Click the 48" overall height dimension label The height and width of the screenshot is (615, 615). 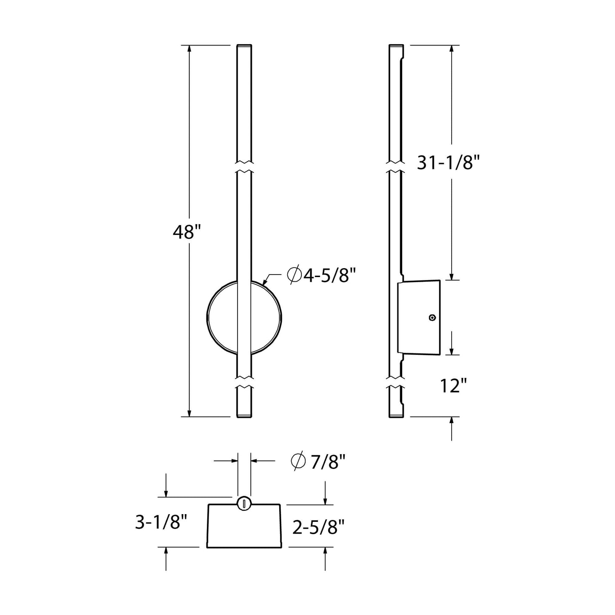[x=186, y=232]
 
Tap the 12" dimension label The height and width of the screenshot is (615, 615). [x=453, y=386]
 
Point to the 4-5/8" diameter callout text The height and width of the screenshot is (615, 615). [x=326, y=275]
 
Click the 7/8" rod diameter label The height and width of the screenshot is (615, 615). [x=327, y=462]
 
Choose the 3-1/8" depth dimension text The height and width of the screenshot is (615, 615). [x=161, y=522]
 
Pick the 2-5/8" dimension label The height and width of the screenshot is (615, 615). [x=318, y=528]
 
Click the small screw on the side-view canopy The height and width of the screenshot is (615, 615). [x=432, y=318]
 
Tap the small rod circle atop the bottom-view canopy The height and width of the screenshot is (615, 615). [x=244, y=503]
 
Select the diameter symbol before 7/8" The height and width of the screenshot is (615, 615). [x=298, y=462]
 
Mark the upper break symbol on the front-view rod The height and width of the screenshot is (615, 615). [x=244, y=167]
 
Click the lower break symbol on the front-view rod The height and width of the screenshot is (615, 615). [x=244, y=382]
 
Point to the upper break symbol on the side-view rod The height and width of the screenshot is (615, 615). [x=396, y=167]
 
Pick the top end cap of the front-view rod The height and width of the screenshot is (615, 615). [x=244, y=46]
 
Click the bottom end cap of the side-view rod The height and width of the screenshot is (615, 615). [x=396, y=415]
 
